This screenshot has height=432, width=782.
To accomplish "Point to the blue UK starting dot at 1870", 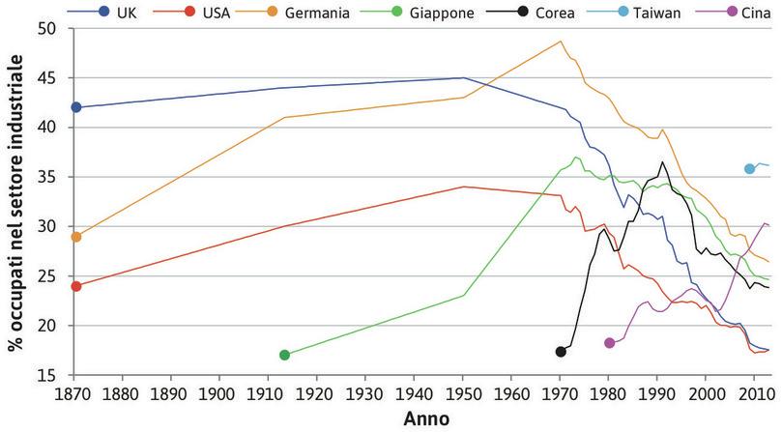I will point(76,107).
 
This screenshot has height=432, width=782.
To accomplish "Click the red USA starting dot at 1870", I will point(76,286).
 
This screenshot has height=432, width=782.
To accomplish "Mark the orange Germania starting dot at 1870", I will point(76,237).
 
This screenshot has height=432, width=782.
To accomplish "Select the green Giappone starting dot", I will point(284,355).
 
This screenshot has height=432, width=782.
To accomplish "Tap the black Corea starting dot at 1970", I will point(561,351).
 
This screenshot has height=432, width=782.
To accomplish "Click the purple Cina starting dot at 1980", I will point(609,343).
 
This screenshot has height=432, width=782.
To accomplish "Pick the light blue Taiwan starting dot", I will point(749,169).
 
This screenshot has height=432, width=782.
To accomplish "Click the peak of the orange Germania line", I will point(561,42).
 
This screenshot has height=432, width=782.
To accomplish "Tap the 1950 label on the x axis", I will point(463,394).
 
